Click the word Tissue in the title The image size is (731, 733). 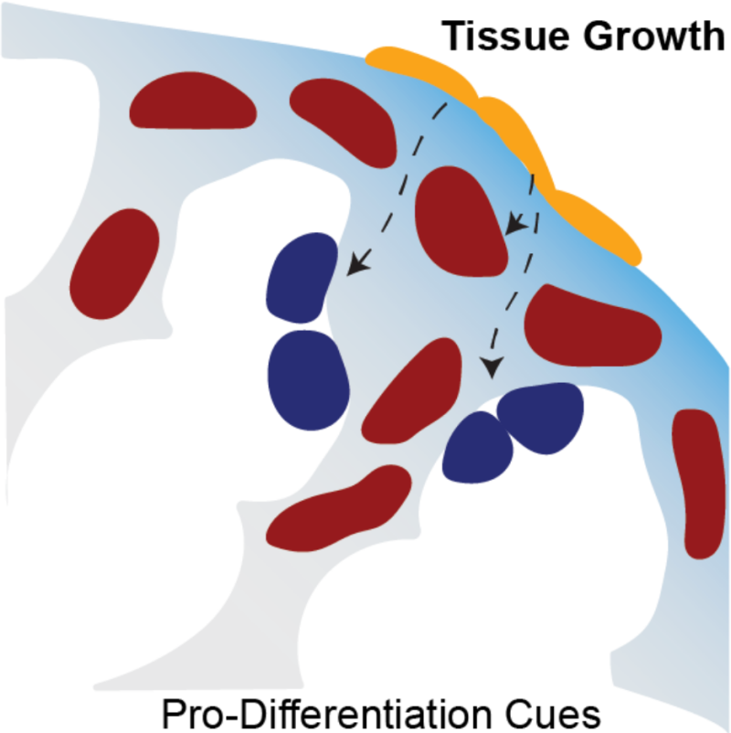pos(495,37)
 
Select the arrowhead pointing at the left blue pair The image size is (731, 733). pos(357,266)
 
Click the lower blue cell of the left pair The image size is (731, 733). pos(308,369)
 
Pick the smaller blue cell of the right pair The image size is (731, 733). pos(477,447)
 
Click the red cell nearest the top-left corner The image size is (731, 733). pos(193,103)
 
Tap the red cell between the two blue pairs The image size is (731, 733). pos(411,388)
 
